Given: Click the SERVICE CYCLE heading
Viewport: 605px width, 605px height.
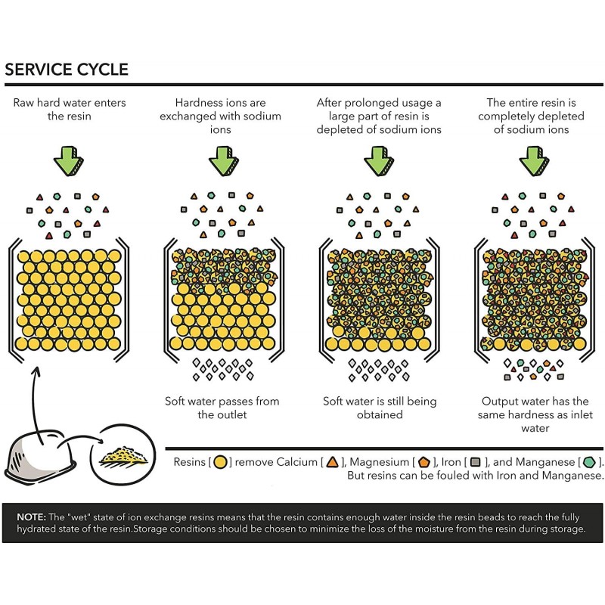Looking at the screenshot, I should click(x=67, y=70).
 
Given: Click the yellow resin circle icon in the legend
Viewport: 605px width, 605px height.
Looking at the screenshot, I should click(x=221, y=462).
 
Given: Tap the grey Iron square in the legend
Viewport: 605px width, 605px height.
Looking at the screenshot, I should click(x=476, y=462).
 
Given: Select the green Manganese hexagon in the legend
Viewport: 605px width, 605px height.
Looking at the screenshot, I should click(x=589, y=462).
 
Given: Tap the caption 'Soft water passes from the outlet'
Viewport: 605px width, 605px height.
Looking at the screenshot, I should click(x=222, y=408).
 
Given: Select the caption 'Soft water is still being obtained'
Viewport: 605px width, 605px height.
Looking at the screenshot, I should click(x=379, y=408).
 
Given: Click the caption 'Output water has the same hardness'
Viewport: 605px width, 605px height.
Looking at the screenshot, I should click(x=537, y=414).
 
